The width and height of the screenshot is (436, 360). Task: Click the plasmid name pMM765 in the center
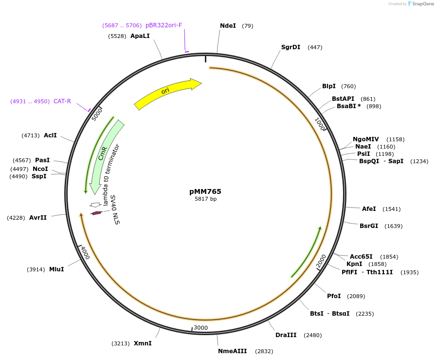tap(205, 191)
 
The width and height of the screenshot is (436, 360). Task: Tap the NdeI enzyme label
tap(228, 26)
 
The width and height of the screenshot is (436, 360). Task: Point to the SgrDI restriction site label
tap(291, 47)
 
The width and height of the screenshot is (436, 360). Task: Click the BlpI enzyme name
tap(329, 86)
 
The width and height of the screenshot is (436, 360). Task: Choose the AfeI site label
tap(369, 209)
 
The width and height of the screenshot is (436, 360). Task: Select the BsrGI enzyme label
tap(369, 226)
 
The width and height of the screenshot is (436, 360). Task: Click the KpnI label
tap(354, 264)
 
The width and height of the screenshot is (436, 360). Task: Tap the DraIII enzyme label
tap(286, 335)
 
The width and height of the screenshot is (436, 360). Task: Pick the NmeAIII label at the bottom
tap(233, 351)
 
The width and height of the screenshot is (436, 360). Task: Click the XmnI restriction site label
tap(143, 343)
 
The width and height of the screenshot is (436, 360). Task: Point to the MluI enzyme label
tap(56, 269)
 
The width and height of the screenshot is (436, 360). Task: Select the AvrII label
tap(38, 218)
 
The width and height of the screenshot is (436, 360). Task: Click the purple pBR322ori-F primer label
tap(163, 25)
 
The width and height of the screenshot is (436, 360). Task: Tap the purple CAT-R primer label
tap(62, 101)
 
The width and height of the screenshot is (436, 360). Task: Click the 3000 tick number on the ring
tap(201, 328)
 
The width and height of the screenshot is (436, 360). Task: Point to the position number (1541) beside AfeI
tap(392, 209)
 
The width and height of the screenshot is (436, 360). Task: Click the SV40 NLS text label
tap(114, 210)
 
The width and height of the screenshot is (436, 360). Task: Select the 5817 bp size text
tap(205, 199)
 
